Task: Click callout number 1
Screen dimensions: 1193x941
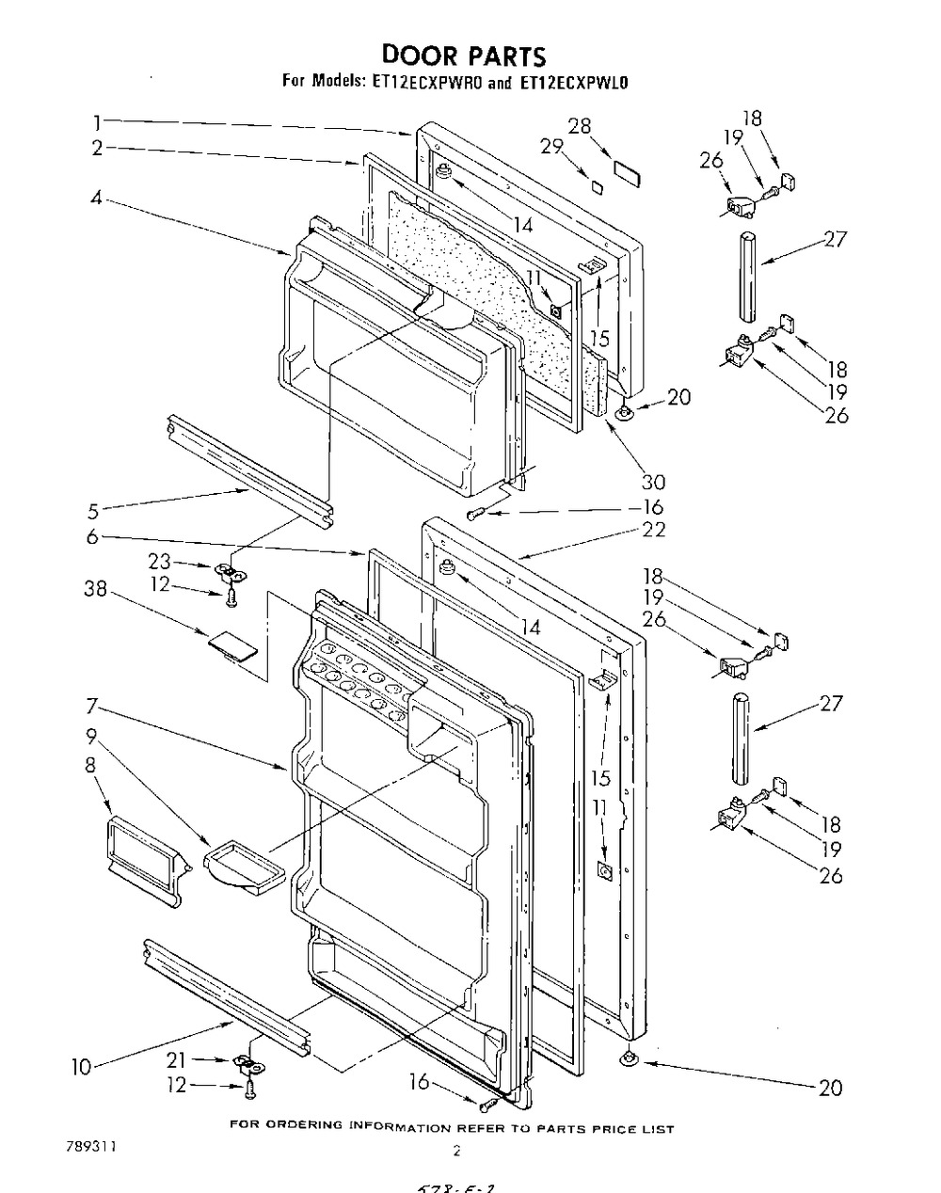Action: coord(96,120)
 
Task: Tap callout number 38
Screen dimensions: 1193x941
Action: coord(94,590)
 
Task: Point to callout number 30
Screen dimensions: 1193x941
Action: coord(652,482)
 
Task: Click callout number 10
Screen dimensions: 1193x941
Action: coord(81,1067)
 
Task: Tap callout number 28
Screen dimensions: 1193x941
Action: coord(579,125)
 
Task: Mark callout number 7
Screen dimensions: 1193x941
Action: coord(91,705)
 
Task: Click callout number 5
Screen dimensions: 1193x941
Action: coord(91,512)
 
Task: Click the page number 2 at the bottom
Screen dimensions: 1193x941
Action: coord(455,1150)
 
